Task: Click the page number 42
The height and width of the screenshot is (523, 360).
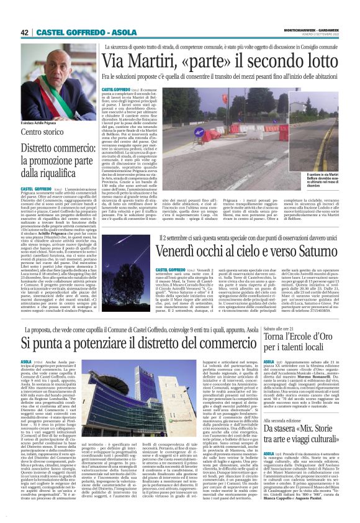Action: tap(25, 32)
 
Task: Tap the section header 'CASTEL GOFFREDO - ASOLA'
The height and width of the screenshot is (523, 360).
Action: tap(80, 32)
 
